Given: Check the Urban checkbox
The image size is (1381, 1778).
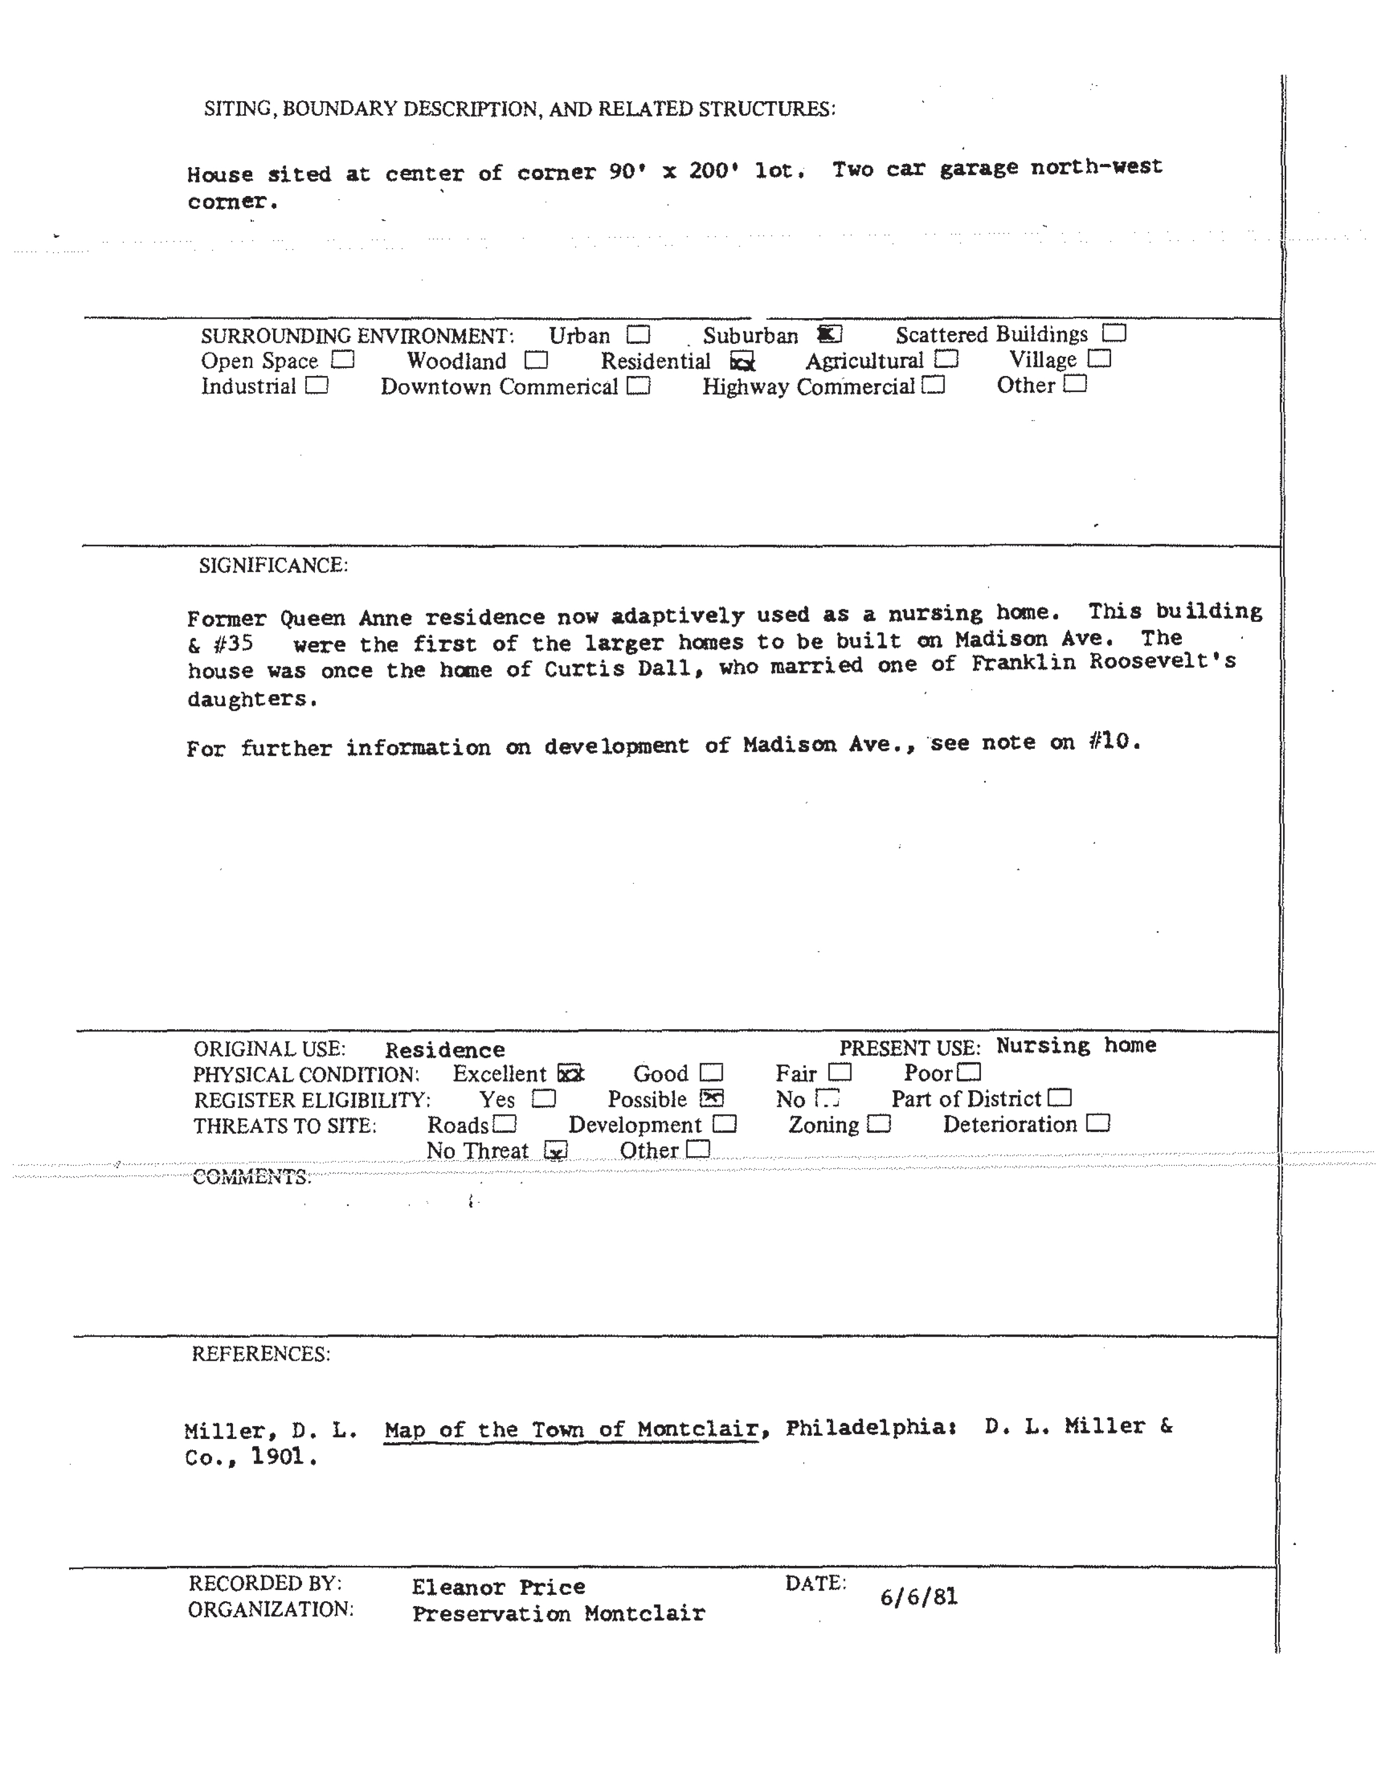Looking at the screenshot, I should coord(638,335).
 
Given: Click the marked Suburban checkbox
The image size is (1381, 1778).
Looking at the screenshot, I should coord(829,334).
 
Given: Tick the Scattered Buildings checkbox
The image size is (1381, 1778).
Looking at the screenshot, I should coord(1114,333).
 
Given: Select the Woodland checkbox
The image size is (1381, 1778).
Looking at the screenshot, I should coord(535,360).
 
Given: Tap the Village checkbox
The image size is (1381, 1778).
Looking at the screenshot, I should coord(1099,358).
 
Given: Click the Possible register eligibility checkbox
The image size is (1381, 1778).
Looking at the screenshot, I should coord(711,1098).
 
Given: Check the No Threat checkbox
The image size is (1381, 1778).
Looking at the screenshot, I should coord(556,1150).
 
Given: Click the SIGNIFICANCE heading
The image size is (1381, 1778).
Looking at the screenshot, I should coord(274,566).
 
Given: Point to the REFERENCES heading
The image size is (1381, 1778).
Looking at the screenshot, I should coord(260,1354).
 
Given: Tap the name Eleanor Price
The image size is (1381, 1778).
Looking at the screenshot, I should coord(498,1587).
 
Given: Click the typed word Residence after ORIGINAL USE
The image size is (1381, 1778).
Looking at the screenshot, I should coord(444,1050).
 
